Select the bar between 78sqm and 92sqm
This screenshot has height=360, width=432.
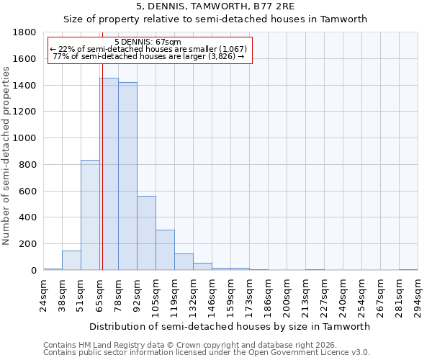[x=127, y=176]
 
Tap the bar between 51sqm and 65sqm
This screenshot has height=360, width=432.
[x=90, y=215]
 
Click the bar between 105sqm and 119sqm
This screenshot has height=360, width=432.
[x=165, y=250]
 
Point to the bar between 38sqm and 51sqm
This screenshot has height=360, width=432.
[x=71, y=261]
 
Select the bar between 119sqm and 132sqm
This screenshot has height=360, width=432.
[x=184, y=262]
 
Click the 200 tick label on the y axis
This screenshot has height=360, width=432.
[x=28, y=244]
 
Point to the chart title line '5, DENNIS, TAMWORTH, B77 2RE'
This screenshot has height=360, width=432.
[x=215, y=6]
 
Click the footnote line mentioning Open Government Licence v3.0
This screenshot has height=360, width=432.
[x=207, y=353]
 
